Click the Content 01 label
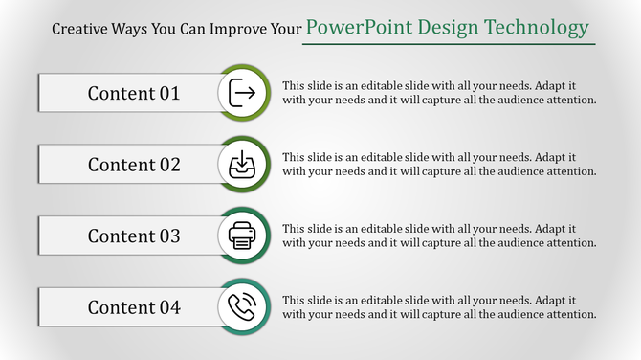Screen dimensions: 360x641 pos(134,93)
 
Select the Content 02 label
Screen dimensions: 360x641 pos(134,165)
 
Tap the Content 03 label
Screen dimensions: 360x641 pos(134,236)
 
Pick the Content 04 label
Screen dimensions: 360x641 pos(134,307)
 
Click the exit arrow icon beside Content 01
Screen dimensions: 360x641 pos(243,93)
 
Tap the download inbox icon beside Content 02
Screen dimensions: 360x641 pos(243,165)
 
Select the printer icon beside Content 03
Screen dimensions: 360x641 pos(243,236)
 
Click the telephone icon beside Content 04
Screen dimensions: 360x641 pos(243,307)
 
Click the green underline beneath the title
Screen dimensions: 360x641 pos(449,44)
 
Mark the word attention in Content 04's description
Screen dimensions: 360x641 pos(573,314)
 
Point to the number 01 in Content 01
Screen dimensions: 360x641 pos(169,93)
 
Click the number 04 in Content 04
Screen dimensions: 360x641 pos(169,307)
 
